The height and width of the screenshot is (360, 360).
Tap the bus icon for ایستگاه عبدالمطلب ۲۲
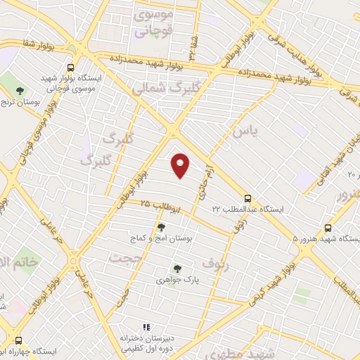(x=247, y=198)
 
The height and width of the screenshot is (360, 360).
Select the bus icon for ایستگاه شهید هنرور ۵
(x=328, y=228)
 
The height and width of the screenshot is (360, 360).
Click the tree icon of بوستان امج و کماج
(x=162, y=227)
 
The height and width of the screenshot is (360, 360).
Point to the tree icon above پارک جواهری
(x=176, y=268)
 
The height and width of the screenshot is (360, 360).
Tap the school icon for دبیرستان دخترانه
(x=146, y=327)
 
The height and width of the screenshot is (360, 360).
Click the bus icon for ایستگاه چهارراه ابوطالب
(x=19, y=339)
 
